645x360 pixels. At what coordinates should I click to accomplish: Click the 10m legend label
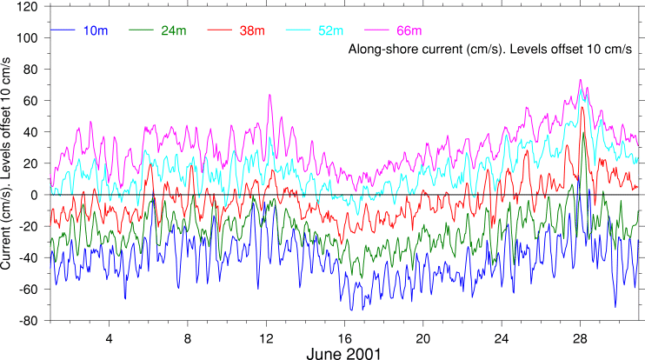tap(96, 31)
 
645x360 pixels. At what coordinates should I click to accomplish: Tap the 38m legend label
tap(252, 31)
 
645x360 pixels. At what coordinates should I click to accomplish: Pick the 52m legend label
tap(330, 31)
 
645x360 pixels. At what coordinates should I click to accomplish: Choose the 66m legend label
tap(407, 31)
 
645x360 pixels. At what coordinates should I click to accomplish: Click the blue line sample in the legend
tap(63, 31)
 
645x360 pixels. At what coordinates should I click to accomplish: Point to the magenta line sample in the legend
tap(374, 31)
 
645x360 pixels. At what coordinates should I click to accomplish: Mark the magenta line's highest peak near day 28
tap(580, 80)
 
